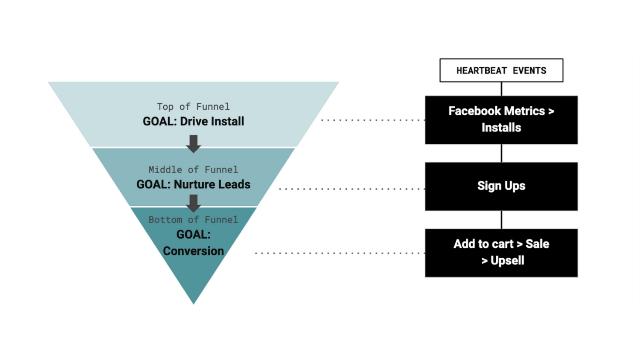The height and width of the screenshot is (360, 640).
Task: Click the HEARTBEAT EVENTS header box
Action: pos(501,70)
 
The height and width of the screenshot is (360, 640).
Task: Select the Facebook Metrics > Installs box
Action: pos(501,120)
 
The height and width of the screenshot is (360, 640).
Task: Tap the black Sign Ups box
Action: pos(501,186)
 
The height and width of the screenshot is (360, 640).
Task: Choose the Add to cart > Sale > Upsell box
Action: pos(501,253)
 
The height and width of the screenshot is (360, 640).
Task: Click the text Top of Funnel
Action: pos(193,107)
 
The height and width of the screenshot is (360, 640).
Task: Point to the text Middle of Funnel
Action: pos(193,170)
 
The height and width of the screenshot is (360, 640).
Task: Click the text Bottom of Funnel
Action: pos(193,220)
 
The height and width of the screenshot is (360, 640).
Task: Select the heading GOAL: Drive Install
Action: pos(193,121)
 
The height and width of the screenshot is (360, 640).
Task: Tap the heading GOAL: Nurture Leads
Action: pos(193,184)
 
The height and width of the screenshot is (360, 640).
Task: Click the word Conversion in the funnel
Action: pos(193,251)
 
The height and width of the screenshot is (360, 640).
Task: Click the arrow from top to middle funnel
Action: pos(193,143)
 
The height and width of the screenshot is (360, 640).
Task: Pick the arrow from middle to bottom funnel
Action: pos(193,203)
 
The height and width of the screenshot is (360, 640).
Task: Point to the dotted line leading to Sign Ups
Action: pos(352,189)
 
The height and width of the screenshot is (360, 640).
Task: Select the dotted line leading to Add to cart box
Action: pos(339,253)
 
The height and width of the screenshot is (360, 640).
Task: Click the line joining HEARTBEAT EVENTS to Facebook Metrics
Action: pos(501,89)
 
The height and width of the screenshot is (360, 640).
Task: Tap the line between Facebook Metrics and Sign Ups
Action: pos(501,153)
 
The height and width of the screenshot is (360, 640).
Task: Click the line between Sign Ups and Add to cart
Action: pos(501,220)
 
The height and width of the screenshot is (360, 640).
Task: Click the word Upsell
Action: pos(507,261)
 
